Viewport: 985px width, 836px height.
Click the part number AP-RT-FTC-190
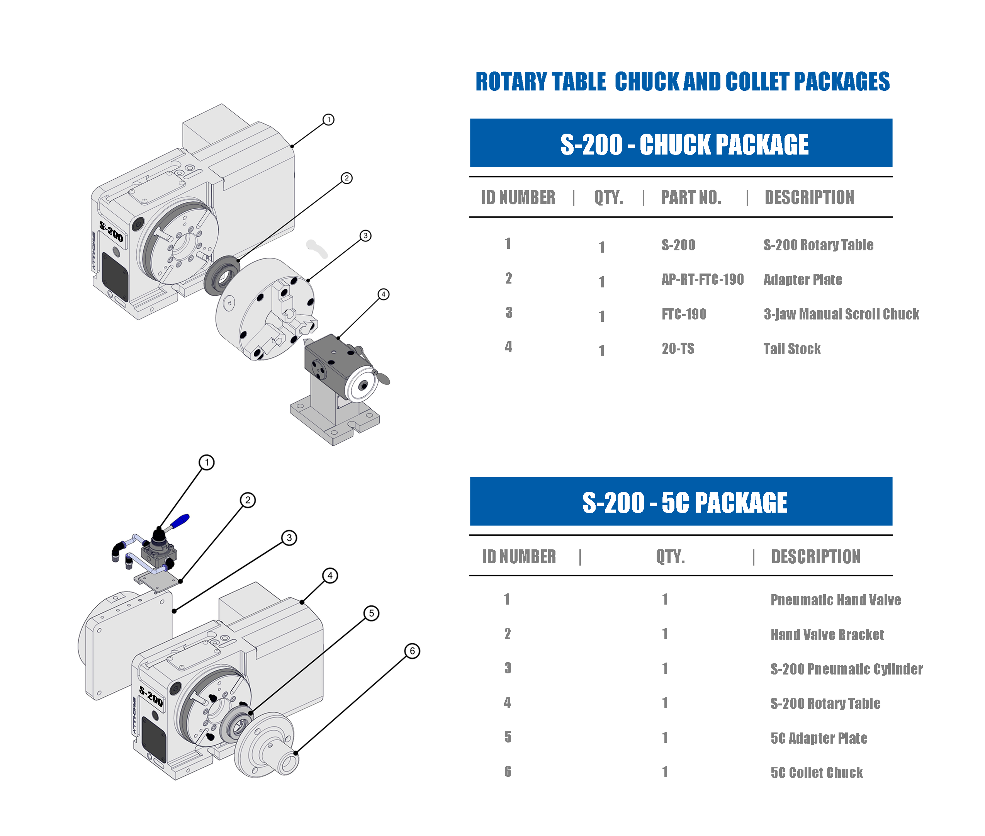coord(702,279)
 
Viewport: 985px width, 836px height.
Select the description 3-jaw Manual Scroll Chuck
coord(841,314)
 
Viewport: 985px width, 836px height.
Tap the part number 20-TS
coord(678,348)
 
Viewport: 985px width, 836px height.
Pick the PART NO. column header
coord(690,197)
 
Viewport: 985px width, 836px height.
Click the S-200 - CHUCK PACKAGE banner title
coord(684,144)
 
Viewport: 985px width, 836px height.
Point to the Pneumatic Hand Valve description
coord(835,600)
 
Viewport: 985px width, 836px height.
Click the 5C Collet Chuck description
coord(816,773)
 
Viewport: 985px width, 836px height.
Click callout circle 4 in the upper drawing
coord(383,294)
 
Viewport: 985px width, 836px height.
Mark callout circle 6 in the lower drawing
coord(412,651)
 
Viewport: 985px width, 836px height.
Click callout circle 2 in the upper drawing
coord(346,178)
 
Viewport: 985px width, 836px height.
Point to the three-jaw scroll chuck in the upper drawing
coord(265,308)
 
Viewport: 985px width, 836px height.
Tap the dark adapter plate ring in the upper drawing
coord(221,275)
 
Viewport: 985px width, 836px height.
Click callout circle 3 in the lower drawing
coord(289,538)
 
